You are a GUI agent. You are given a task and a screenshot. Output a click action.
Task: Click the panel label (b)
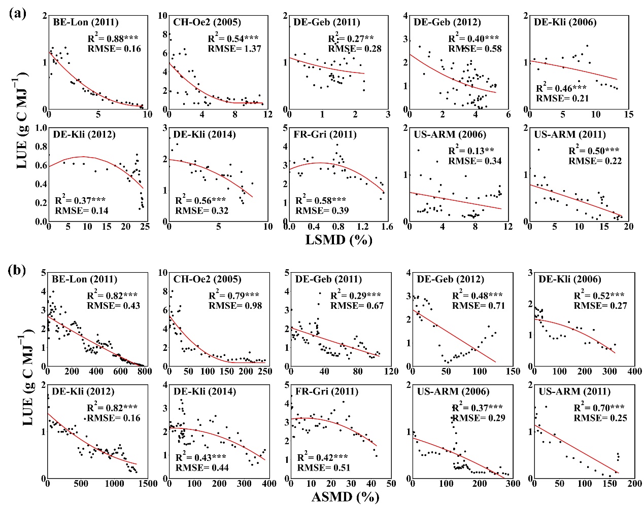point(18,270)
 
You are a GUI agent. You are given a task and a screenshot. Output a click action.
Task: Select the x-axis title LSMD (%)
point(338,239)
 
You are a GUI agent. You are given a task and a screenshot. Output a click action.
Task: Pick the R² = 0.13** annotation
point(471,151)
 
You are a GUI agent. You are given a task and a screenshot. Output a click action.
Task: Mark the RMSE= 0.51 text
point(324,467)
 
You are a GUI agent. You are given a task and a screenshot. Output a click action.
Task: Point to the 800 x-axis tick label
point(145,371)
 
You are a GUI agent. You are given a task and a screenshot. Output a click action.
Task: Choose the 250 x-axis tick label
point(265,371)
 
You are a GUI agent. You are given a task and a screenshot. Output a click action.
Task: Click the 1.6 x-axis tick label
point(387,227)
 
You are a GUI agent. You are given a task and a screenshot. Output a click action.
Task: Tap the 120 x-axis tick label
point(391,371)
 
